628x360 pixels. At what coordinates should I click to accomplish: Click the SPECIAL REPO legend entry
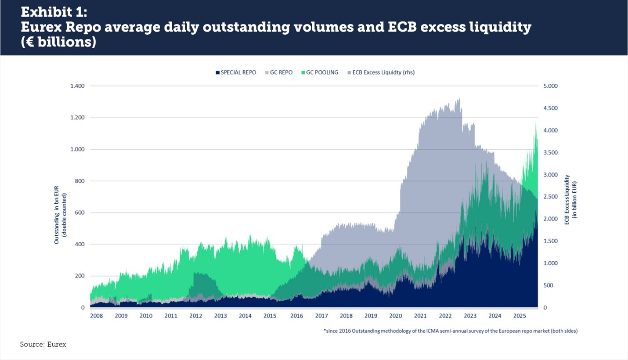coord(238,72)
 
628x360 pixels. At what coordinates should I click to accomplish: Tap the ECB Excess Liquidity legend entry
coord(380,72)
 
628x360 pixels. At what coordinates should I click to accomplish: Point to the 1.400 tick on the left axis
coord(77,86)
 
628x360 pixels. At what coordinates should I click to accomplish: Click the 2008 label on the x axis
coord(97,316)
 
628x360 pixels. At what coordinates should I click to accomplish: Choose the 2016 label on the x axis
coord(297,316)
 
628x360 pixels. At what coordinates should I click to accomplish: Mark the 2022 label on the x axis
coord(445,316)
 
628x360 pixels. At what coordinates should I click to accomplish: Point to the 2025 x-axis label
coord(520,316)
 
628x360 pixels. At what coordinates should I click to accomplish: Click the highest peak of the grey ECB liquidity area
coord(459,98)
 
